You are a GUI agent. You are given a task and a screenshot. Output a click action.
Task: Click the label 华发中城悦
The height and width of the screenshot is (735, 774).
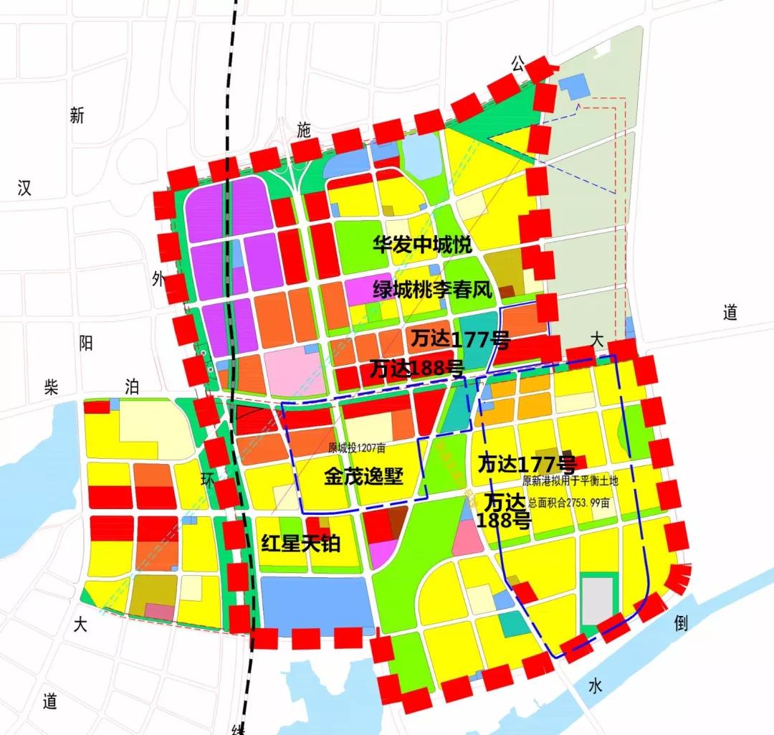422,245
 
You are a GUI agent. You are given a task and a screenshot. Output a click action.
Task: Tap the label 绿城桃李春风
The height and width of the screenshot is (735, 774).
432,290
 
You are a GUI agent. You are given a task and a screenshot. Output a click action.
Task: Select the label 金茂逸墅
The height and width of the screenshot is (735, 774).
363,477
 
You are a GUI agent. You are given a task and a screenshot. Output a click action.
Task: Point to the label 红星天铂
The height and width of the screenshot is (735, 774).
300,543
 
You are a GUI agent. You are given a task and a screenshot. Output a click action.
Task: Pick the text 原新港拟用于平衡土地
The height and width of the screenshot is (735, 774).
575,481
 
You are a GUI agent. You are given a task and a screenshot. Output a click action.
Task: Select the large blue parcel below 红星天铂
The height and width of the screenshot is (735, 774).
314,604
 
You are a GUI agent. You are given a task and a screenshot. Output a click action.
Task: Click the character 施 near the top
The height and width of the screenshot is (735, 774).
305,130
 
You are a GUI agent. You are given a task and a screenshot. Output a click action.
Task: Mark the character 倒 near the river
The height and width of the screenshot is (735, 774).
680,622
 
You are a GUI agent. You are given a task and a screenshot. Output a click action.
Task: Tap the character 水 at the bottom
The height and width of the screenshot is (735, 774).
596,686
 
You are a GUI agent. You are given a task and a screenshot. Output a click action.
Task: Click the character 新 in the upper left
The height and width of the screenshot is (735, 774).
77,115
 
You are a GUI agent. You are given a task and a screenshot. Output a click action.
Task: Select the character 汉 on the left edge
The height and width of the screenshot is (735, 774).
24,189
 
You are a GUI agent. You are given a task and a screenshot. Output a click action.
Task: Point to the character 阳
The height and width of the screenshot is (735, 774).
86,343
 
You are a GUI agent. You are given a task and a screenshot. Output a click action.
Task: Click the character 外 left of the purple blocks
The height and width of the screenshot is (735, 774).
158,279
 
